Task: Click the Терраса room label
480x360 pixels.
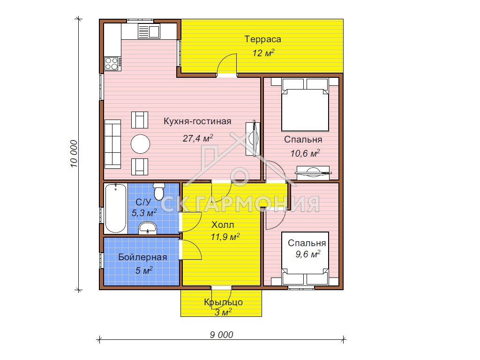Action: (262, 39)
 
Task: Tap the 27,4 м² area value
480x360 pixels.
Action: (198, 138)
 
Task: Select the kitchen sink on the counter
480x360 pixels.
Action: (149, 31)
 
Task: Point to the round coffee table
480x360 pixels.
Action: (141, 144)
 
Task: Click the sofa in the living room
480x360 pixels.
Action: (112, 144)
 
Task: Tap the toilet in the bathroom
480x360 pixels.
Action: (158, 191)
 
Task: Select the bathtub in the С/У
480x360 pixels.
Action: (115, 208)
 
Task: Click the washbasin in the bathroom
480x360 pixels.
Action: (148, 228)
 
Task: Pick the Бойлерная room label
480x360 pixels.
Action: (142, 257)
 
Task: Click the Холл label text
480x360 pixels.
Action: (223, 225)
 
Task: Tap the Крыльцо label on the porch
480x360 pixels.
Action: (224, 302)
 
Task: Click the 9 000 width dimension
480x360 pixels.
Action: (221, 335)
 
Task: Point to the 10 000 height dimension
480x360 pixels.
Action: (74, 154)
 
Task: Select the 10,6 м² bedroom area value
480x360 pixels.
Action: (305, 153)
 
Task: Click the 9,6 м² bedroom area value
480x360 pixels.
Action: (307, 254)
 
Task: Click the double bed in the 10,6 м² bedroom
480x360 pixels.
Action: (305, 105)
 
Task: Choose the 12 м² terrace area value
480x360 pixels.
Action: (263, 53)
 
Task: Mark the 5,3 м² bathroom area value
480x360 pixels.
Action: (144, 212)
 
